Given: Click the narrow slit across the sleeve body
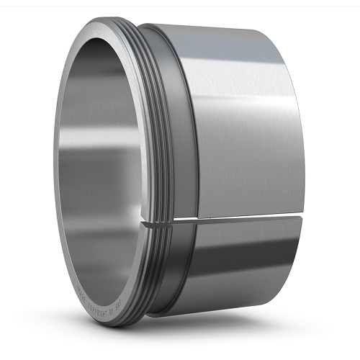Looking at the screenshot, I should tap(238, 217).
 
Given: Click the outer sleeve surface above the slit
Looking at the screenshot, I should tap(245, 122).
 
